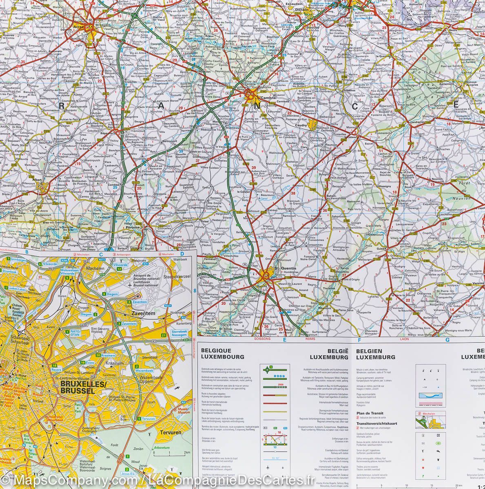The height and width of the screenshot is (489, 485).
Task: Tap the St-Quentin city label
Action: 281,269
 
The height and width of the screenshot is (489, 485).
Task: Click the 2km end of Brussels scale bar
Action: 187,452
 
